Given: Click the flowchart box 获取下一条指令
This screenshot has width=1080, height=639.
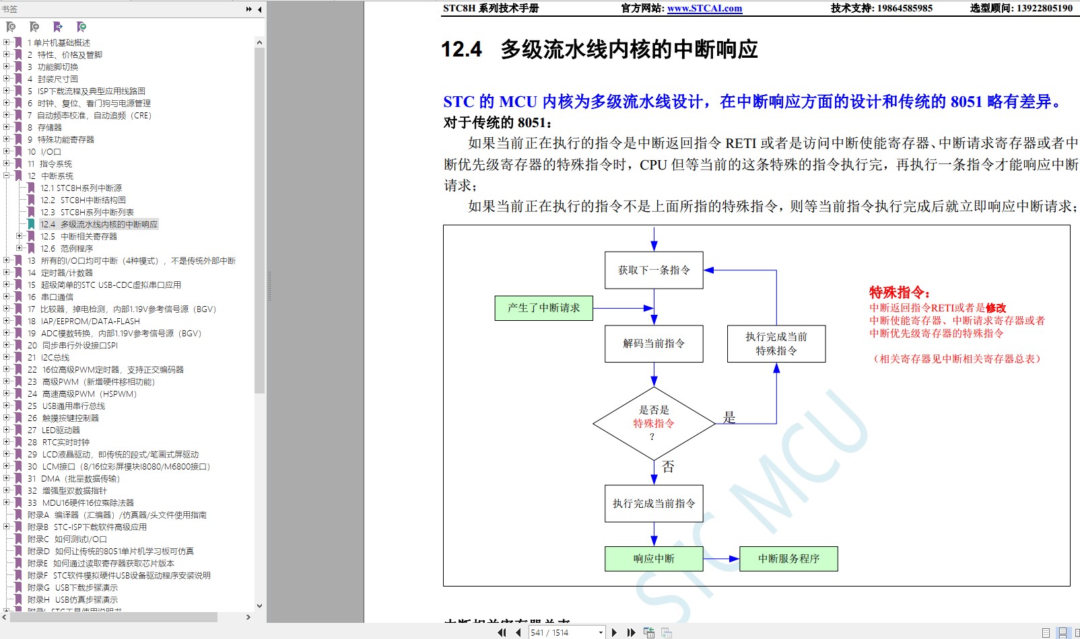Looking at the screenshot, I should [654, 270].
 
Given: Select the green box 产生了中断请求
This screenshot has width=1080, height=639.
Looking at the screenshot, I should [543, 308].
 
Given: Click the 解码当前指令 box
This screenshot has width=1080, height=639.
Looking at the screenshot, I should [654, 344].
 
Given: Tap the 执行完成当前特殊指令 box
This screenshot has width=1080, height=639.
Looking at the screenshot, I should [776, 344].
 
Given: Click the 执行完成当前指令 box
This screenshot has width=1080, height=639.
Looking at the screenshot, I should [654, 504].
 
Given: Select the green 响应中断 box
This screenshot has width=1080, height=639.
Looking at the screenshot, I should [654, 559].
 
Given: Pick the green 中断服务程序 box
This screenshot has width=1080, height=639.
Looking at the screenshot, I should [788, 559].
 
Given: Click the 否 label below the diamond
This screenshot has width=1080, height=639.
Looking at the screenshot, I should [668, 467].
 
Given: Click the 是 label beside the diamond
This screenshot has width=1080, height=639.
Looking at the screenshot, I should [729, 417].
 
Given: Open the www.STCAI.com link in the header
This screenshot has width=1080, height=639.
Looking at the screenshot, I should [704, 9].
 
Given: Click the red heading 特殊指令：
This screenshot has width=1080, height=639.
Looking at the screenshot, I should [900, 293].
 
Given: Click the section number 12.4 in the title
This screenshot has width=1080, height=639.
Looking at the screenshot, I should [461, 50].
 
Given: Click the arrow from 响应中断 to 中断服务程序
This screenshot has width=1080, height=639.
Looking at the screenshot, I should [721, 559].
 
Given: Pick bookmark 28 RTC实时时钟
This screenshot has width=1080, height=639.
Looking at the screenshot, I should [65, 443].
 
